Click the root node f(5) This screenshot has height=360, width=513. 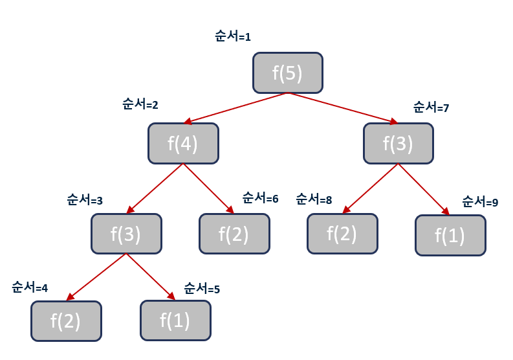click(x=287, y=73)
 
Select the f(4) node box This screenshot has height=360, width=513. click(x=183, y=143)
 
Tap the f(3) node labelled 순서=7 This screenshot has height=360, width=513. click(x=398, y=143)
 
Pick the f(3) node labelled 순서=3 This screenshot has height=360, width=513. click(x=126, y=233)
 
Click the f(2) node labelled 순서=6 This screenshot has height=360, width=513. click(x=234, y=233)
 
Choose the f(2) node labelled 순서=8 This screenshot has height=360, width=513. click(x=342, y=233)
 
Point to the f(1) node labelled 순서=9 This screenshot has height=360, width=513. click(x=450, y=235)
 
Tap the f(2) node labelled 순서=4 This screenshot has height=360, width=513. click(x=66, y=321)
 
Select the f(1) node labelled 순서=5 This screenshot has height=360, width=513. click(x=175, y=321)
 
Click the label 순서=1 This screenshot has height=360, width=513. click(x=232, y=37)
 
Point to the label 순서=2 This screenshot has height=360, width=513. click(x=140, y=104)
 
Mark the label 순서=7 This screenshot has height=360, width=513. click(x=431, y=107)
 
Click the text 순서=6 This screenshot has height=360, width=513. click(x=260, y=197)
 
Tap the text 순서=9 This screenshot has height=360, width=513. click(x=480, y=202)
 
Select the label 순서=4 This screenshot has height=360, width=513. click(x=30, y=287)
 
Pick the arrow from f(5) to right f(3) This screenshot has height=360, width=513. click(x=343, y=108)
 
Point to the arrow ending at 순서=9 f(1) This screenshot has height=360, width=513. click(x=424, y=188)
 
